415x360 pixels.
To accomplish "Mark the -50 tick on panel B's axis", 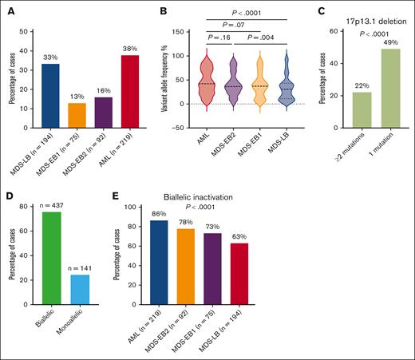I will (x=169, y=126).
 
